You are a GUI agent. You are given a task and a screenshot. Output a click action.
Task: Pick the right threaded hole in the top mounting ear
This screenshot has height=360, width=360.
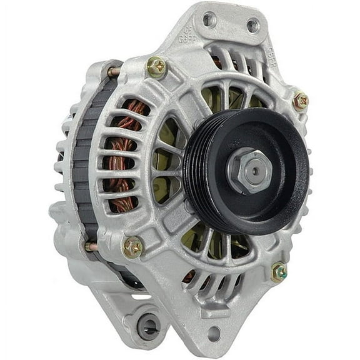(252, 26)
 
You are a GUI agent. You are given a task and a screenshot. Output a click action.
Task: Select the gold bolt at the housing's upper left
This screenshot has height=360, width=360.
(156, 67)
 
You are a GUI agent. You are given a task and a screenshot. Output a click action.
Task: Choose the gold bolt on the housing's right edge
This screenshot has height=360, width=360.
(301, 100)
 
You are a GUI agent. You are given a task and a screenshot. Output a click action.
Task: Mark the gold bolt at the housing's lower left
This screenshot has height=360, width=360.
(133, 248)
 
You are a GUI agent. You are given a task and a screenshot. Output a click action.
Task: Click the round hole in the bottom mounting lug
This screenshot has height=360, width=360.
(214, 333)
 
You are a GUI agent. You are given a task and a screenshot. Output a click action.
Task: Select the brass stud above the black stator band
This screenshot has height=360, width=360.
(114, 71)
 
